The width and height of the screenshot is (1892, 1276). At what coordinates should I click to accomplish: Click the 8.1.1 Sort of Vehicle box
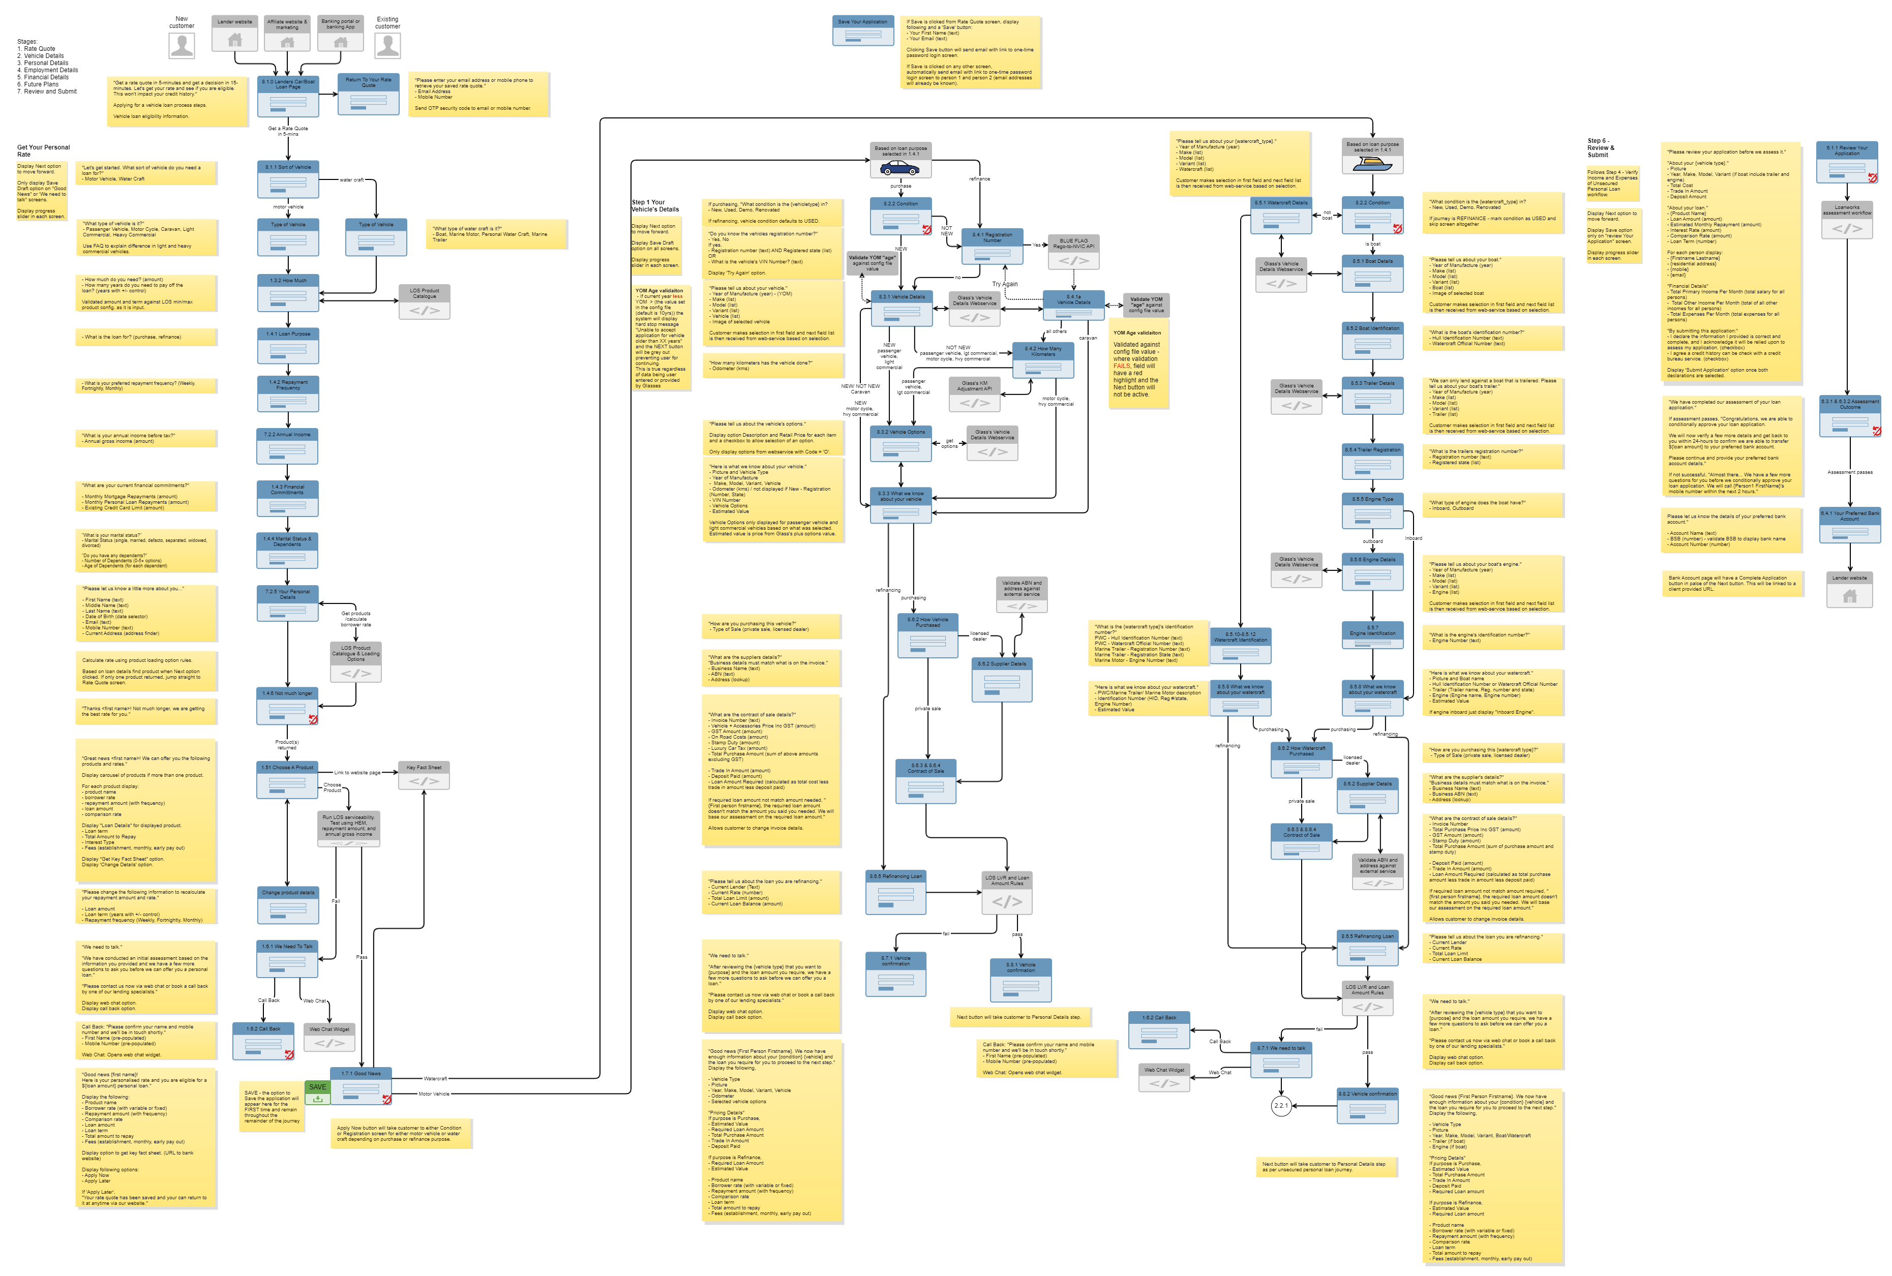(x=287, y=179)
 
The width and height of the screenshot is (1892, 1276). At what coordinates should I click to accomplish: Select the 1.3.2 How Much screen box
(x=287, y=292)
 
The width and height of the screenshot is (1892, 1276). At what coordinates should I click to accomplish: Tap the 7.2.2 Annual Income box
(x=287, y=446)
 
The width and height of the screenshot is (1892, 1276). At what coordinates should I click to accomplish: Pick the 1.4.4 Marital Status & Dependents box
(x=287, y=551)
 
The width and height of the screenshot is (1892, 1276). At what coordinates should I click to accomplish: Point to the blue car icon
(x=900, y=168)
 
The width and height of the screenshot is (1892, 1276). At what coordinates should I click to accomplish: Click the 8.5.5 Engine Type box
(x=1372, y=511)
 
